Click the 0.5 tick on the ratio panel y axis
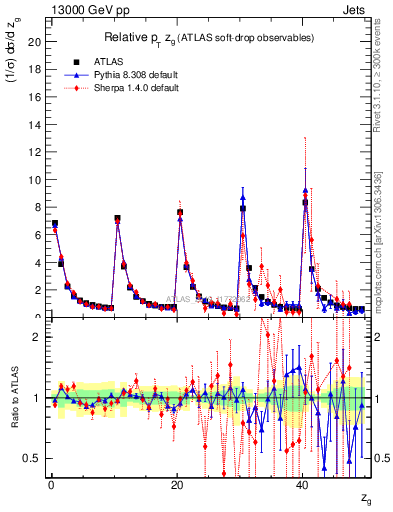pyautogui.click(x=35, y=458)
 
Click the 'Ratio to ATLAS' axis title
pyautogui.click(x=13, y=401)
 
